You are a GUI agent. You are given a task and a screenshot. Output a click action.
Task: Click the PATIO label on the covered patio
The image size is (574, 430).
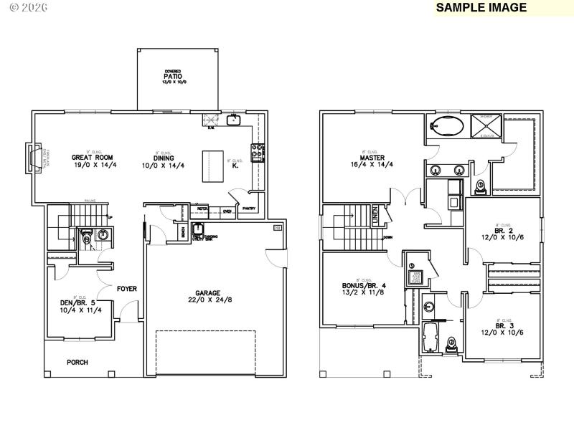click(x=172, y=77)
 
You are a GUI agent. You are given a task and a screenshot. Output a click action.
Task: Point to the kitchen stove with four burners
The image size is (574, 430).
click(x=256, y=151)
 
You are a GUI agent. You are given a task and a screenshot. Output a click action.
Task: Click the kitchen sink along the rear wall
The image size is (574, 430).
click(x=233, y=120)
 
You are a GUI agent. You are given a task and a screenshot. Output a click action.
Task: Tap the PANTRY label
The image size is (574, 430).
click(x=249, y=209)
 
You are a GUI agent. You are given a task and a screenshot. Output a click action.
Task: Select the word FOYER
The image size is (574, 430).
click(x=127, y=289)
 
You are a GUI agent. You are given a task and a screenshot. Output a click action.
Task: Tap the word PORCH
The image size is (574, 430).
click(x=77, y=363)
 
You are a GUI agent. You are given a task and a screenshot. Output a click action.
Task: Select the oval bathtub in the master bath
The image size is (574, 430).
click(x=446, y=128)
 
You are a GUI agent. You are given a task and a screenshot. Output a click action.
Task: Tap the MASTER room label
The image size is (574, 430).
click(x=374, y=157)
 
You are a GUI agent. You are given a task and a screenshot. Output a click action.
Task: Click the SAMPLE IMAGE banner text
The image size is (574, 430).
click(x=481, y=8)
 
